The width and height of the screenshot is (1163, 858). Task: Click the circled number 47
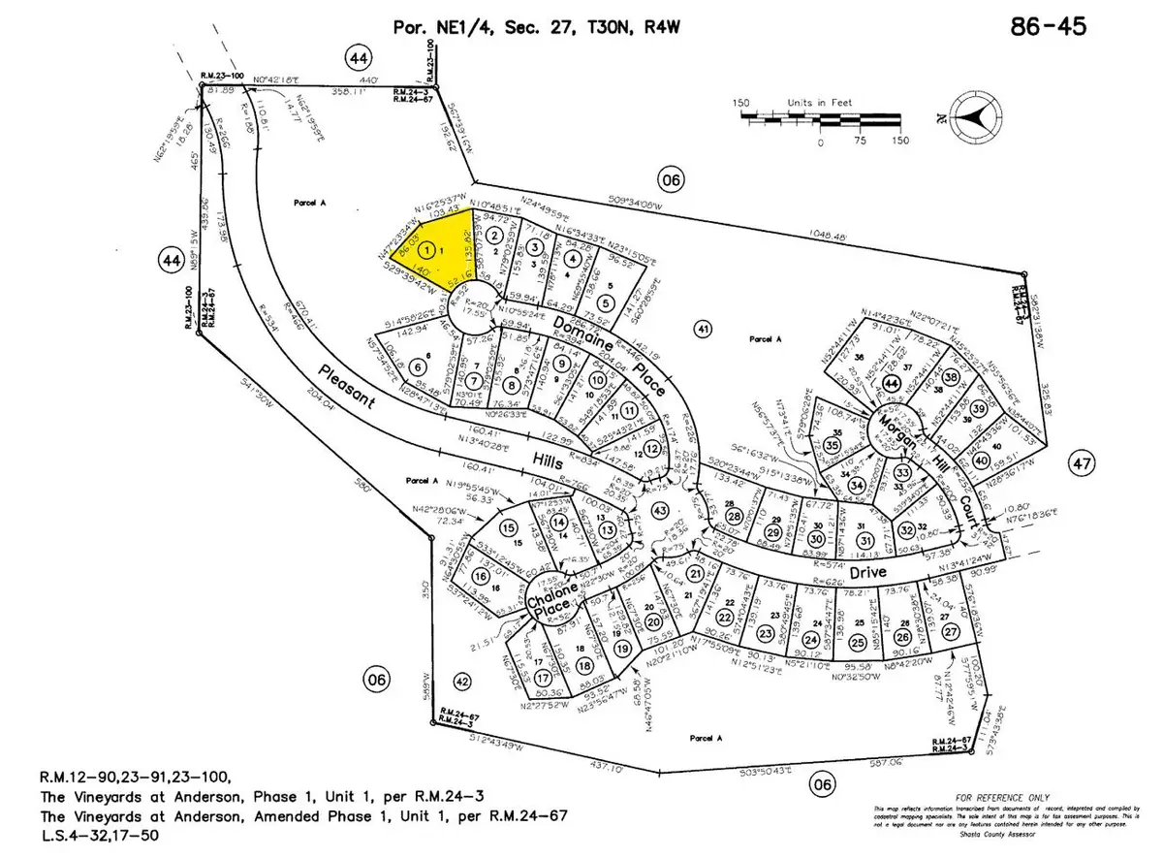1083,463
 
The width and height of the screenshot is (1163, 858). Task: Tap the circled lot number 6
420,366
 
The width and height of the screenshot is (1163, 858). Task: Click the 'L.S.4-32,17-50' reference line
102,835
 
